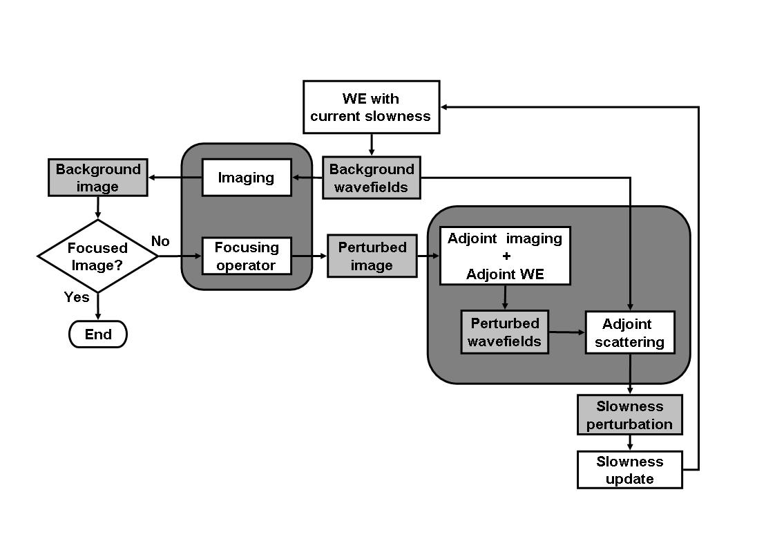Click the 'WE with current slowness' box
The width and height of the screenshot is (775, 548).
(371, 107)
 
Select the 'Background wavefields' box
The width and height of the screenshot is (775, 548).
(372, 178)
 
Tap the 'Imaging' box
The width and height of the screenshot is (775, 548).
(246, 178)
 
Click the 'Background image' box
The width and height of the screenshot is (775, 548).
(97, 178)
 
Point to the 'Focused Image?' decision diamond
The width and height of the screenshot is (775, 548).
(97, 256)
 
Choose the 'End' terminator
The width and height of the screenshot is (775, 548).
(98, 334)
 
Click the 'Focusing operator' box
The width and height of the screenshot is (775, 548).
(246, 256)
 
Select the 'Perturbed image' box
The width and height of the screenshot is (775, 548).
(372, 256)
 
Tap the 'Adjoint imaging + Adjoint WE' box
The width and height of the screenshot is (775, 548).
(505, 256)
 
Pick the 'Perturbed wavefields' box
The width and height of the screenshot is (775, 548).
(505, 332)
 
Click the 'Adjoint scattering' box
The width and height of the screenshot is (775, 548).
(629, 332)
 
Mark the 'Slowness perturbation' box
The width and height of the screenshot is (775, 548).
(629, 415)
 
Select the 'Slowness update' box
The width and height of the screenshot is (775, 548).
(629, 470)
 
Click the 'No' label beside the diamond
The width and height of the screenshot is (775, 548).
(160, 241)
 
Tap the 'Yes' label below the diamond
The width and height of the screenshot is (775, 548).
(77, 296)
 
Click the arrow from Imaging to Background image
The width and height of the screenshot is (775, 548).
(175, 178)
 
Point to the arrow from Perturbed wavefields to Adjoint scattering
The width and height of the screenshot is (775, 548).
(567, 332)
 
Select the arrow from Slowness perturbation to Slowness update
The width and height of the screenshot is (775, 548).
(629, 442)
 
